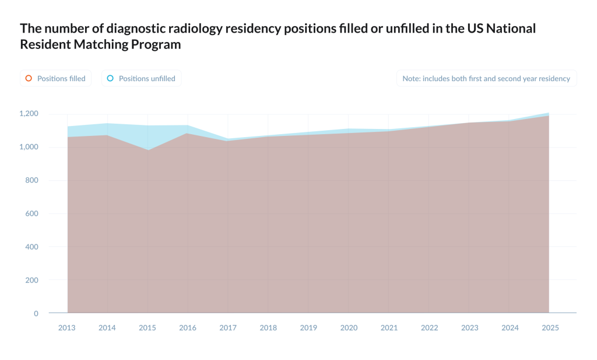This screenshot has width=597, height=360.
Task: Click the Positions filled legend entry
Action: (x=56, y=78)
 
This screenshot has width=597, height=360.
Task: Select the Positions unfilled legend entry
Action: (x=142, y=78)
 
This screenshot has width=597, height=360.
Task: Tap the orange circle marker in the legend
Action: (x=29, y=78)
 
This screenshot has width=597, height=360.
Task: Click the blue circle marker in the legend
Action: (x=110, y=78)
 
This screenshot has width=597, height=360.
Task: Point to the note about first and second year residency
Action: (x=486, y=78)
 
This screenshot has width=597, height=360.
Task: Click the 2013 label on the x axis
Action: (x=67, y=328)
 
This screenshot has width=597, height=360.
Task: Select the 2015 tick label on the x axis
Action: (x=148, y=328)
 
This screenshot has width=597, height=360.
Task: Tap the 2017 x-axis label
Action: (x=228, y=328)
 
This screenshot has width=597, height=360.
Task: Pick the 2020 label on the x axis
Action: (x=349, y=328)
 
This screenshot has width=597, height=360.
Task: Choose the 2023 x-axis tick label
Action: (x=469, y=328)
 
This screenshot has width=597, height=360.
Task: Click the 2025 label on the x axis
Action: (x=550, y=328)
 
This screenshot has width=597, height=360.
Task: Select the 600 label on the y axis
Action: (x=31, y=214)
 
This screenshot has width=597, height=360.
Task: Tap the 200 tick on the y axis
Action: (x=31, y=280)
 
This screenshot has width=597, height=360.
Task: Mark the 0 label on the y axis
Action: (x=36, y=313)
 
